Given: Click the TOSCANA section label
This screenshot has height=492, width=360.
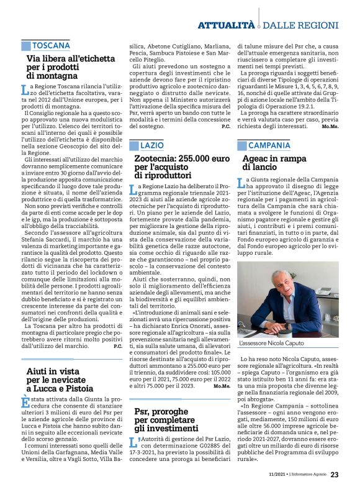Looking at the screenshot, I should pyautogui.click(x=51, y=46).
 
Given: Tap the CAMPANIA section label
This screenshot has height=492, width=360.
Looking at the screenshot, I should pyautogui.click(x=269, y=145).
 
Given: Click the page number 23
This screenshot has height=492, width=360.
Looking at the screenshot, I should pyautogui.click(x=335, y=475).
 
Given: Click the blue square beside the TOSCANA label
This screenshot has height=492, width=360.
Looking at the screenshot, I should pyautogui.click(x=25, y=46).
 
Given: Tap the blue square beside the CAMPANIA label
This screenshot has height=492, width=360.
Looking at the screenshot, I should pyautogui.click(x=241, y=145).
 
